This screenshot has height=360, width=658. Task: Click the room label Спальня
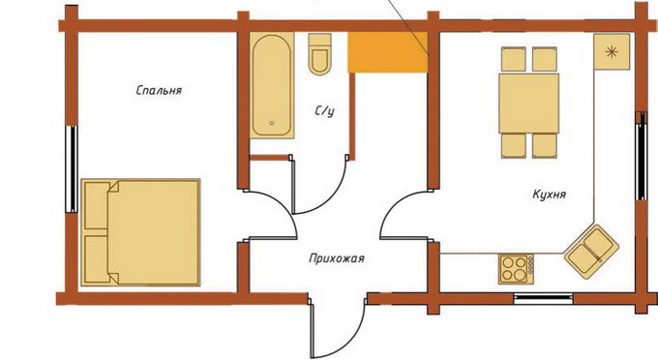159,91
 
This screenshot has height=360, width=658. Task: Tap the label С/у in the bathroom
325,110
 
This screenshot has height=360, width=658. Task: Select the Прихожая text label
337,258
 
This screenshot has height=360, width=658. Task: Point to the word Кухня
550,195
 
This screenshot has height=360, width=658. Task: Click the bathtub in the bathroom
272,85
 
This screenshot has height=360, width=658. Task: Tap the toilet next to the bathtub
320,54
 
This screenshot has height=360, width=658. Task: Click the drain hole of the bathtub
272,123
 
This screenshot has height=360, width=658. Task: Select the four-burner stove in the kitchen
516,268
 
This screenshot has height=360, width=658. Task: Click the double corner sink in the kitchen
591,252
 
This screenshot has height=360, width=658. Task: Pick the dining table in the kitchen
529,104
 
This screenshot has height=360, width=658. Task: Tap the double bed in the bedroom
140,232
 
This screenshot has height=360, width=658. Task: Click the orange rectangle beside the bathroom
388,52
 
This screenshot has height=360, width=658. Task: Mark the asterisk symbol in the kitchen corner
612,52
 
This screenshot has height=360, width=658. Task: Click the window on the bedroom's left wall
73,168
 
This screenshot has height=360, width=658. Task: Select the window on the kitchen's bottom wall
544,298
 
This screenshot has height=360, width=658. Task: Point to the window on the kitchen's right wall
641,156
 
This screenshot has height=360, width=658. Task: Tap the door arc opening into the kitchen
391,208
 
